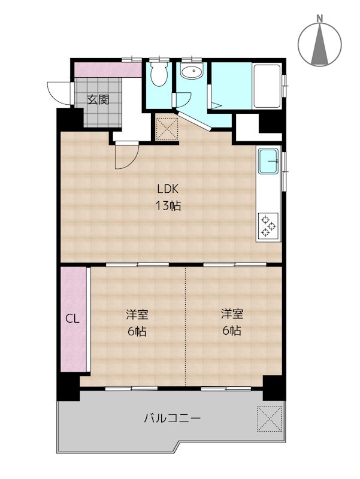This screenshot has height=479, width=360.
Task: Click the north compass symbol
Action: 320,44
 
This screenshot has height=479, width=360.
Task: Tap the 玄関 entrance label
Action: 98,100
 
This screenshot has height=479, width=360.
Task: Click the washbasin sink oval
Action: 192,73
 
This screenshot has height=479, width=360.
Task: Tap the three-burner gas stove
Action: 268,226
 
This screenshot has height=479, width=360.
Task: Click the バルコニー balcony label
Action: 171,419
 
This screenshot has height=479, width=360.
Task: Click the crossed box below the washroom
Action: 166,128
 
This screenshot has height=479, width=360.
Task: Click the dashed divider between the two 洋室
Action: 185,326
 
